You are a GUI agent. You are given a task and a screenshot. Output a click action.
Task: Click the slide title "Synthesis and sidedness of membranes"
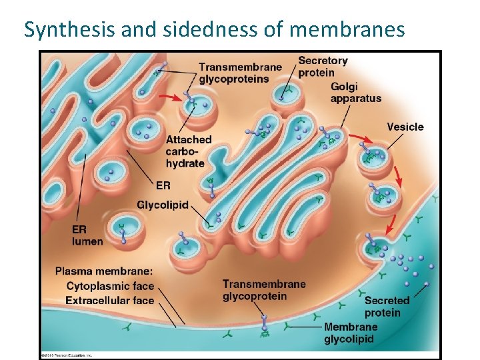click(x=214, y=29)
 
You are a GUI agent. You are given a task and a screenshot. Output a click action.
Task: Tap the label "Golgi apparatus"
click(x=355, y=93)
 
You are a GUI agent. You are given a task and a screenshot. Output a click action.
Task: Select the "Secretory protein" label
click(x=323, y=66)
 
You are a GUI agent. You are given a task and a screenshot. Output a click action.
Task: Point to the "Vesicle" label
click(x=405, y=127)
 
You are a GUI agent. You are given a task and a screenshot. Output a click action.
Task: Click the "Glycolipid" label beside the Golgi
click(x=163, y=204)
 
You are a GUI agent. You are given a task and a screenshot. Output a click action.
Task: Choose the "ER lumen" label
click(x=87, y=235)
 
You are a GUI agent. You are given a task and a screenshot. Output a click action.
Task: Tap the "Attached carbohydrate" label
click(x=188, y=151)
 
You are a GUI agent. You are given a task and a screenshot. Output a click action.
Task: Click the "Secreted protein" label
click(x=387, y=307)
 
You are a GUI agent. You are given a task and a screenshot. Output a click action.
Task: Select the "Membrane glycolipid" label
click(x=350, y=333)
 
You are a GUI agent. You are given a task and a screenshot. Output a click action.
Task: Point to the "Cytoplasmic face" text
click(x=110, y=286)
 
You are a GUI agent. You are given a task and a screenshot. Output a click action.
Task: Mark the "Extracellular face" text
click(x=110, y=300)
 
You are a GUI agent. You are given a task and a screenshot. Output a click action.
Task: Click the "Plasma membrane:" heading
click(x=104, y=271)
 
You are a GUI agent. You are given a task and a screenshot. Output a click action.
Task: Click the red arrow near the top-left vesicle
click(x=172, y=97)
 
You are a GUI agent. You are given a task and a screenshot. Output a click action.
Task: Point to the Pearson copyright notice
click(x=67, y=355)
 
